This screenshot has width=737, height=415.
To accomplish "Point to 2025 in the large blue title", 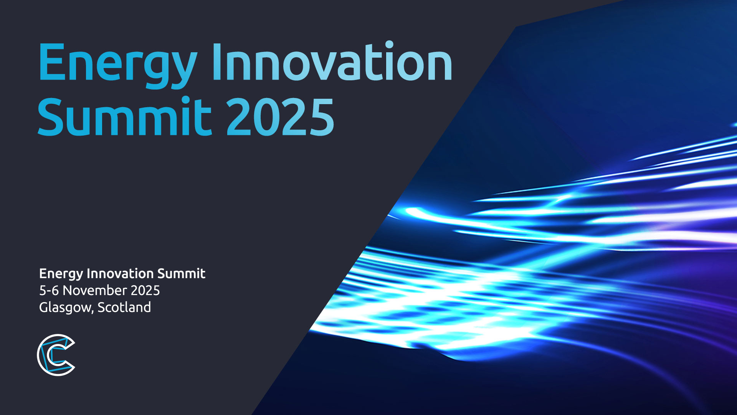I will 280,117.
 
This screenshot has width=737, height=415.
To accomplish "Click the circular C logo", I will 56,355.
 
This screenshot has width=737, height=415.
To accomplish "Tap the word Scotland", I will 124,307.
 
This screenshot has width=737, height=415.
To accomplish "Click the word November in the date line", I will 94,290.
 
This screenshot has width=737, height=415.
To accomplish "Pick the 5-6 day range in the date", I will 49,290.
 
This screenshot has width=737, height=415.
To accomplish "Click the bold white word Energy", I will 61,274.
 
